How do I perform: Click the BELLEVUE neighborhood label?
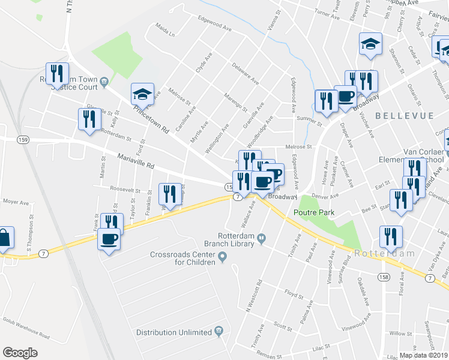pos(397,114)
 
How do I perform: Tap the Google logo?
pos(20,353)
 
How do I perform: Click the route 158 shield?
pos(383,277)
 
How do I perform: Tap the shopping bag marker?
pos(4,238)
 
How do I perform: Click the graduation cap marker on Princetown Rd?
pos(143,94)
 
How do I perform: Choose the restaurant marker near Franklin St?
pos(170,194)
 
